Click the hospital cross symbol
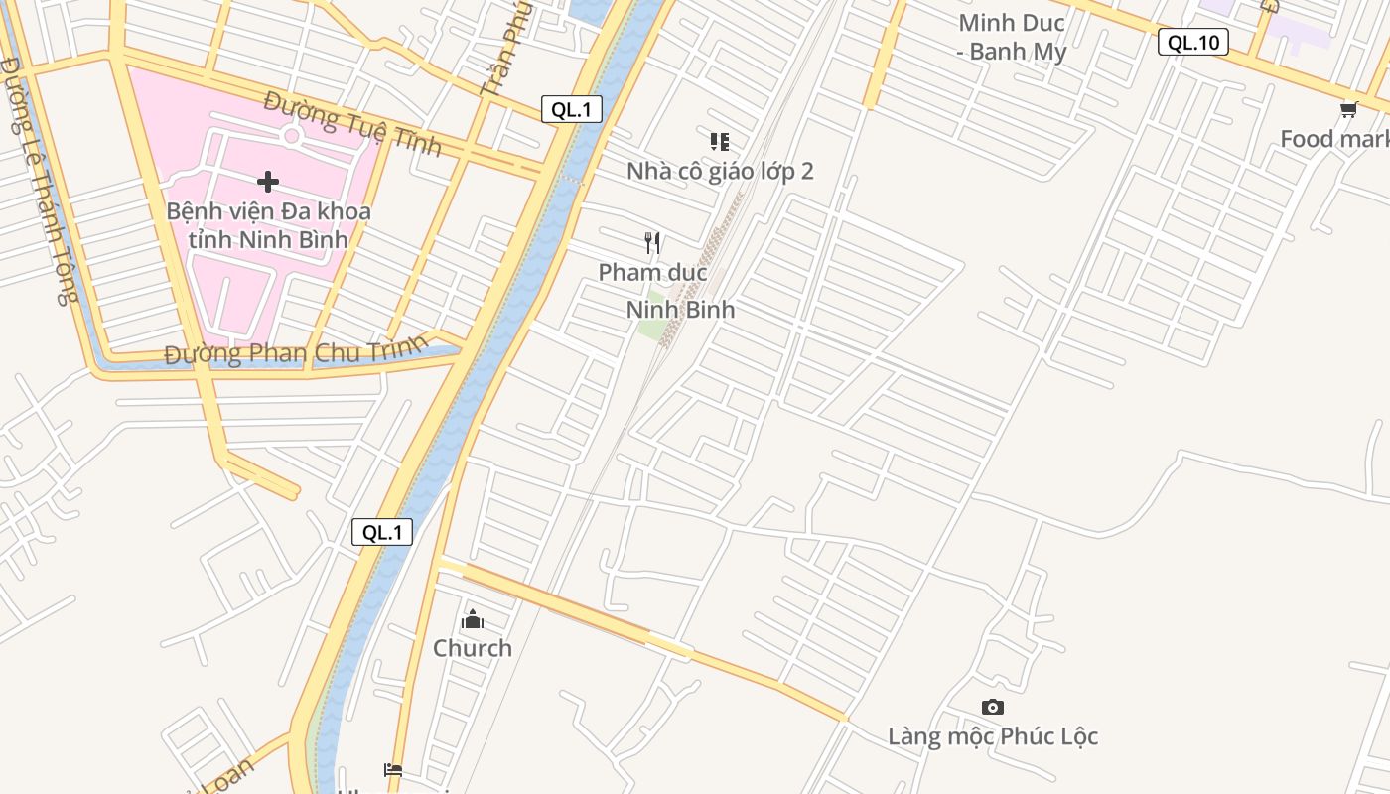coord(267,182)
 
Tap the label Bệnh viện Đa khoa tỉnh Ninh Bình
coord(268,225)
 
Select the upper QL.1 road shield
coord(572,109)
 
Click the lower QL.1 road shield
coord(382,532)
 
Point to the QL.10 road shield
coord(1193,42)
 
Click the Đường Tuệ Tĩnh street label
coord(352,123)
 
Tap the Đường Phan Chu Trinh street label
coord(296,351)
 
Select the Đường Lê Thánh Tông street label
coord(39,179)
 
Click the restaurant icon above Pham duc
coord(652,242)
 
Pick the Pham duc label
coord(652,272)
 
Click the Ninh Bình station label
coord(681,309)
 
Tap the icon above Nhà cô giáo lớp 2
coord(720,142)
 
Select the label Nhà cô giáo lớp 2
coord(720,171)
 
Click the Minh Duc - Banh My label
coord(1012,37)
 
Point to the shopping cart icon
coord(1348,110)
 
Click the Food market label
coord(1334,139)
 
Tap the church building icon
coord(473,620)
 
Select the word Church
coord(473,648)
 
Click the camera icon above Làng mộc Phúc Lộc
coord(993,708)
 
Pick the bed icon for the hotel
coord(393,769)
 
